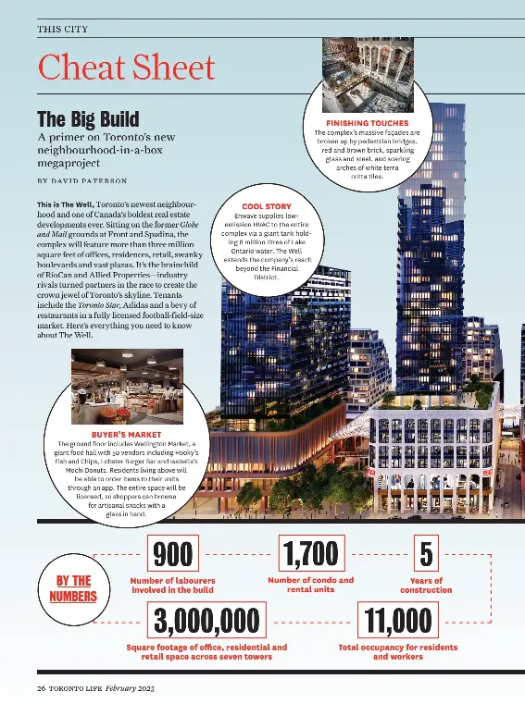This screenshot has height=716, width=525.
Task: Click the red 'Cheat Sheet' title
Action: pos(126,68)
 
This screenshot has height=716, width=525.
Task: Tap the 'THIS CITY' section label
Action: pos(63,30)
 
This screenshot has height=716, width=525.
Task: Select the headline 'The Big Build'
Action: pos(88,119)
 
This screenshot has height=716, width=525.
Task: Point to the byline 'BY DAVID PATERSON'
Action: pos(82,179)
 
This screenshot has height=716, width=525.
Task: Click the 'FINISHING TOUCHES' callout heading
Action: pos(367,123)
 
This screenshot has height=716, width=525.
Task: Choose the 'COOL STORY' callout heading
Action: pos(266,206)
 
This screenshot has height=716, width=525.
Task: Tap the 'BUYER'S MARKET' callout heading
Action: pos(126,434)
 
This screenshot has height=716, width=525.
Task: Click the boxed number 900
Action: pos(173,554)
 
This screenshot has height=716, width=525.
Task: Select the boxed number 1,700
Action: pos(310,554)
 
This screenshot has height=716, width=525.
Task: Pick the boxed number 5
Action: pos(425,554)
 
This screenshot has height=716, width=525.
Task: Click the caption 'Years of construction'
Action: pos(425,585)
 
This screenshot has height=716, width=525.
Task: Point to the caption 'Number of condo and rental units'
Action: pos(310,585)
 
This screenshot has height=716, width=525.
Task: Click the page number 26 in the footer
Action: pos(42,689)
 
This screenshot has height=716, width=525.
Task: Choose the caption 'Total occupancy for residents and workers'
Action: pos(397,652)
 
